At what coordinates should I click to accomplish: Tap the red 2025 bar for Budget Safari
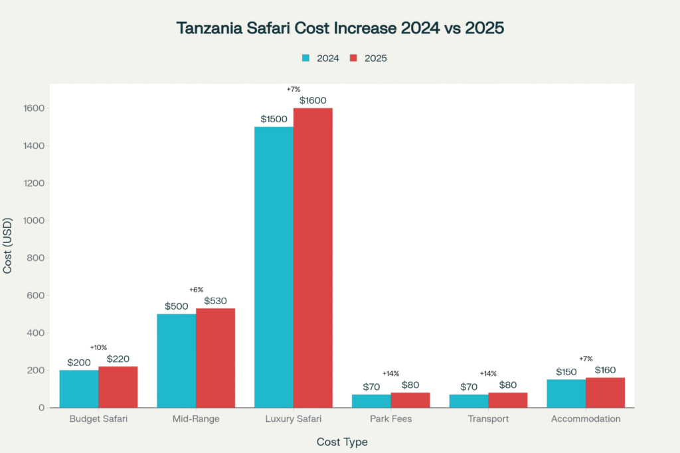pos(118,387)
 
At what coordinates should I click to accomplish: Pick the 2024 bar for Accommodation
pos(566,393)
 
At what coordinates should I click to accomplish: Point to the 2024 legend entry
pos(321,58)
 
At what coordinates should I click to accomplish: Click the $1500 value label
pos(274,120)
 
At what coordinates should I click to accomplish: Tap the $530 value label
pos(215,301)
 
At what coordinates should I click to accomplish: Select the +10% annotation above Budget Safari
pos(98,347)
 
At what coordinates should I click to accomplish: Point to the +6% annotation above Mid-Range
pos(196,290)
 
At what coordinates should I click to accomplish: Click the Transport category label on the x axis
pos(488,419)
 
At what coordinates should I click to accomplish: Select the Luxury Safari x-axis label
pos(293,419)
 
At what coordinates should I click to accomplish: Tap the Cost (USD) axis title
pos(8,245)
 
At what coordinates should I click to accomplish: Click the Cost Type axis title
pos(342,442)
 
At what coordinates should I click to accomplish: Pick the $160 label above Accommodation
pos(605,370)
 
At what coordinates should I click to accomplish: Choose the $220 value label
pos(118,359)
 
